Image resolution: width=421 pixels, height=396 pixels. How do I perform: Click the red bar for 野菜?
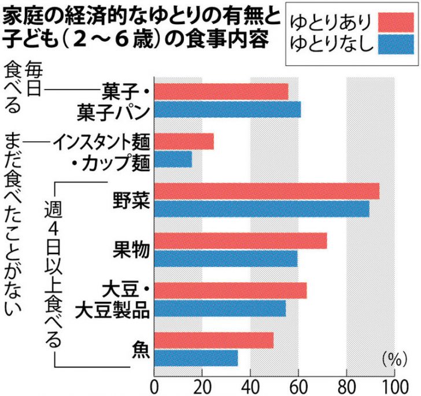[x=267, y=191]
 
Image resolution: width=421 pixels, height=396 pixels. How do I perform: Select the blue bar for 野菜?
[x=261, y=209]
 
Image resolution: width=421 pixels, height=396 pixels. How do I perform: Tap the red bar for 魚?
[x=213, y=341]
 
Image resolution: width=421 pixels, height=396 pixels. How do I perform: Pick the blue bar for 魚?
[x=196, y=358]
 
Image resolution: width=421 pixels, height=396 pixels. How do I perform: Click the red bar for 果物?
[x=241, y=241]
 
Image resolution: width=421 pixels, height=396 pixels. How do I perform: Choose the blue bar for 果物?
[x=226, y=258]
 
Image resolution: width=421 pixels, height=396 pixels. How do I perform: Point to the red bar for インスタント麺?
[x=184, y=142]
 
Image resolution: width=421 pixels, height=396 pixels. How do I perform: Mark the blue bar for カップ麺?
[x=173, y=159]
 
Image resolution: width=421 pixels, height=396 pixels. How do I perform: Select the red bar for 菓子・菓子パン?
[x=221, y=92]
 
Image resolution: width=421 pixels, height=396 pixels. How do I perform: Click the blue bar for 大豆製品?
[x=220, y=308]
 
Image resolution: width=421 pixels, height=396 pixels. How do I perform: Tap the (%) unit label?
[x=392, y=359]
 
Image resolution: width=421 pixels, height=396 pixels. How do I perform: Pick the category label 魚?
[x=141, y=349]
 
